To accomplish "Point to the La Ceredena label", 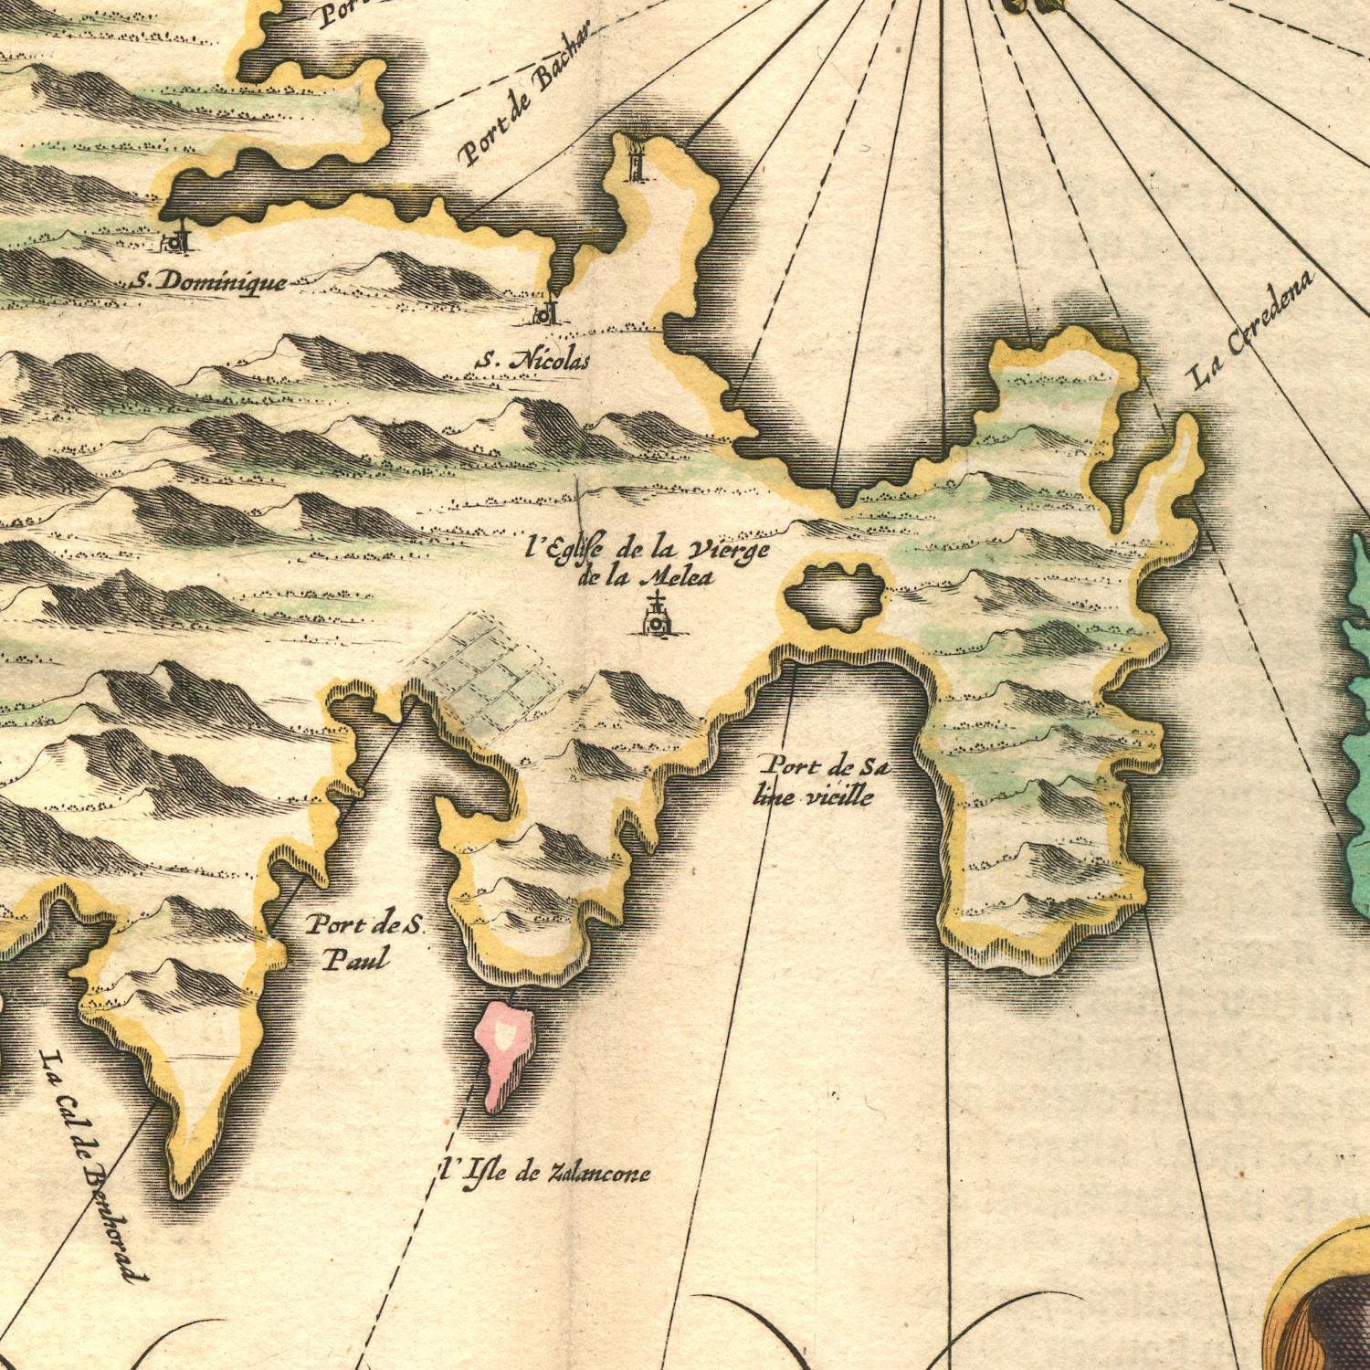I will click(x=1252, y=331).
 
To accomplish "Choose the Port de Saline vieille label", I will click(x=821, y=781).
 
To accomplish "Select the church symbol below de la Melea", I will click(x=656, y=617).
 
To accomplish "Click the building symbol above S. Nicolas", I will click(x=545, y=312).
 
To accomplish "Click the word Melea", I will click(x=677, y=576).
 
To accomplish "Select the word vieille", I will click(x=838, y=796).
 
